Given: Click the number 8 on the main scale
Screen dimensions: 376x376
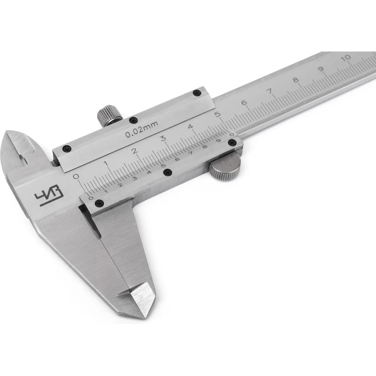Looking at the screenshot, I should tap(296, 80).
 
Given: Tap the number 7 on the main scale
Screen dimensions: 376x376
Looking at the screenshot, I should tap(270, 91).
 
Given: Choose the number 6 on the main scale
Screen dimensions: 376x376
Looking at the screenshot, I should tap(243, 103).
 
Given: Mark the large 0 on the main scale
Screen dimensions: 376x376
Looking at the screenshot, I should tap(77, 176).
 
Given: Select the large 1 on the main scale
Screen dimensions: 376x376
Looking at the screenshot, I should tap(106, 163).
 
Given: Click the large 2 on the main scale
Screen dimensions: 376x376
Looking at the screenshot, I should tap(134, 151).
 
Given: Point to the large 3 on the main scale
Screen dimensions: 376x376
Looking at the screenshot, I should tap(163, 138).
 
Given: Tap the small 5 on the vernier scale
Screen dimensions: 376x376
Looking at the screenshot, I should tap(163, 166).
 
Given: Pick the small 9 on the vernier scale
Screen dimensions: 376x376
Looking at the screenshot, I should tap(218, 141).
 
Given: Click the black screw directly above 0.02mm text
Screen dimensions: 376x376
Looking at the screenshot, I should tap(133, 120).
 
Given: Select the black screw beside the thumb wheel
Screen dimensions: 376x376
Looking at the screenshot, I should tap(232, 142).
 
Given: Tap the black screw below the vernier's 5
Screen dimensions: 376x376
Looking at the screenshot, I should tap(168, 172).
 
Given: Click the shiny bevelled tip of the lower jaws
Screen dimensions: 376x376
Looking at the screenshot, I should tap(141, 299).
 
